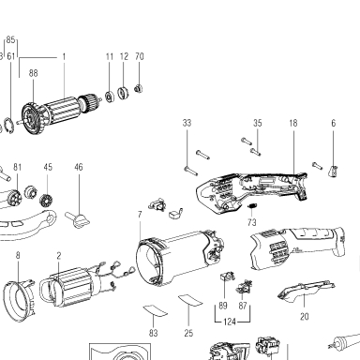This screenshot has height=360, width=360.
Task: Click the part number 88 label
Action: (x=33, y=73)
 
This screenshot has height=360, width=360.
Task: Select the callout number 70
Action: (x=140, y=56)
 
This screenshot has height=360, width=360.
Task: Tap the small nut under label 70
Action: (x=139, y=89)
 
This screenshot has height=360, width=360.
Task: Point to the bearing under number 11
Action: (x=110, y=97)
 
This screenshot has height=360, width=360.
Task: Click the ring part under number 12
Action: (x=124, y=93)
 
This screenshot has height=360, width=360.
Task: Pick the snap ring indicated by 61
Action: (x=8, y=126)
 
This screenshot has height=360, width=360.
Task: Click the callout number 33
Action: (x=187, y=123)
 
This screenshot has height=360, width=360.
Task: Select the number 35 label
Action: (x=257, y=123)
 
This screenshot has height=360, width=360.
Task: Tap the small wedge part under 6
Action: (x=334, y=172)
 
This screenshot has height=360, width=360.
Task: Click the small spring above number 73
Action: (x=252, y=206)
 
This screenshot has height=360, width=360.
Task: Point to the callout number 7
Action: (x=140, y=215)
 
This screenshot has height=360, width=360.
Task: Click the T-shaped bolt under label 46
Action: (x=78, y=219)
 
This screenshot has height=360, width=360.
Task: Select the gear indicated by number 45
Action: (x=47, y=200)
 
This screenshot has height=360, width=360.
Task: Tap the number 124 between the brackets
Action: (x=230, y=322)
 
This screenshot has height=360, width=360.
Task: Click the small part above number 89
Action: (x=227, y=277)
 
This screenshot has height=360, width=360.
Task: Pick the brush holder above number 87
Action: (x=245, y=287)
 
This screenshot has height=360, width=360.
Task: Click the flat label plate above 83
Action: (x=156, y=311)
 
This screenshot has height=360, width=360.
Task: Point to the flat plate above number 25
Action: (x=190, y=300)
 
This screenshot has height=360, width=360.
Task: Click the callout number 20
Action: (x=304, y=317)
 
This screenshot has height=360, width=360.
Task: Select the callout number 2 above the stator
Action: (x=59, y=256)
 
